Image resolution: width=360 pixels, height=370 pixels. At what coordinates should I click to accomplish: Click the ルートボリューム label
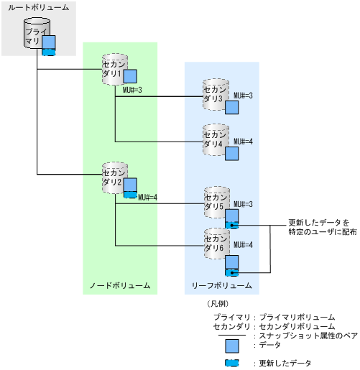click(39, 7)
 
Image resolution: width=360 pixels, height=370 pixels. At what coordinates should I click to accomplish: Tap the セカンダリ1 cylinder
click(114, 68)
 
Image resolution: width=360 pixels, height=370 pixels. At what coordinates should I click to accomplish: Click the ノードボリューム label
click(119, 285)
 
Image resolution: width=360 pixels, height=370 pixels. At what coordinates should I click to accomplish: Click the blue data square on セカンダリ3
click(231, 108)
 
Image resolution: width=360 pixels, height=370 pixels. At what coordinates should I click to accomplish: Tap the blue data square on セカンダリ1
click(130, 77)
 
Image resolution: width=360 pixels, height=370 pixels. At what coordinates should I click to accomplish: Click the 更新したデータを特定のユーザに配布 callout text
click(312, 228)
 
